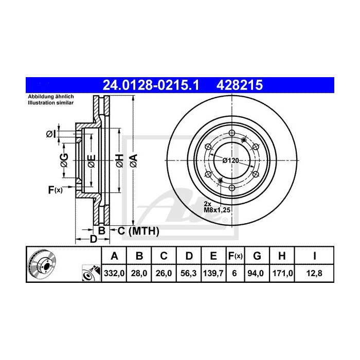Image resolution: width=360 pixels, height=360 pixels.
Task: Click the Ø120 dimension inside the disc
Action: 230,160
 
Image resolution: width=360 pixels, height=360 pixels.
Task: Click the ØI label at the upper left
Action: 51,134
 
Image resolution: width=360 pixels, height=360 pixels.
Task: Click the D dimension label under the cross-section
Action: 93,239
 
